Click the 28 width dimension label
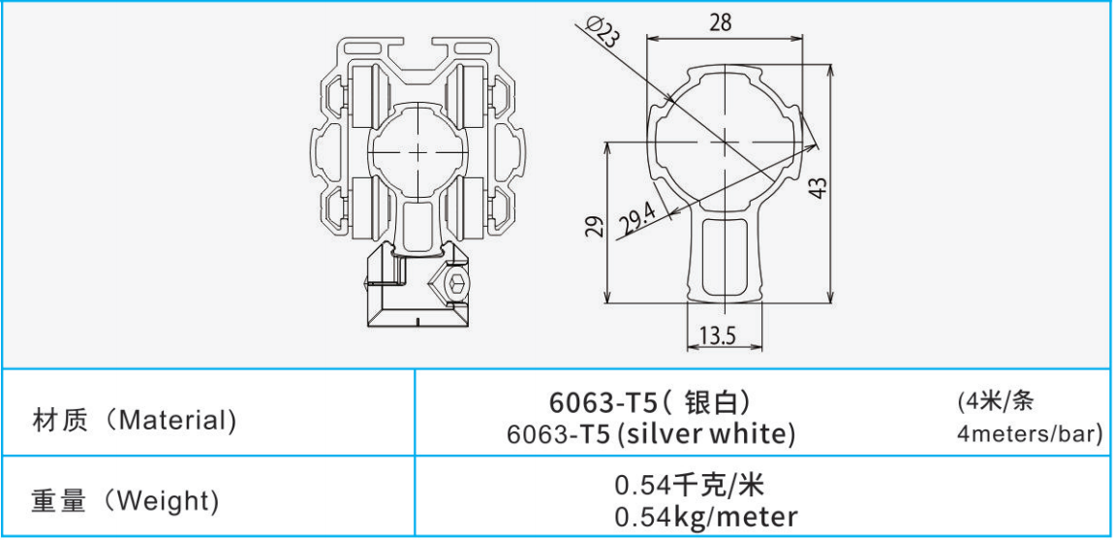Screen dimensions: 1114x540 [720, 22]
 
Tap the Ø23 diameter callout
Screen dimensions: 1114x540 [601, 32]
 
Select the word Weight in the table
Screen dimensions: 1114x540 [167, 502]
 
